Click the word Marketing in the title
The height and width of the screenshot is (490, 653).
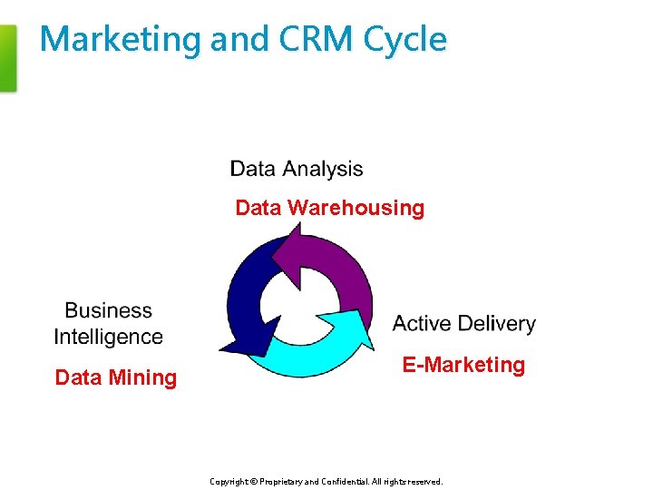pyautogui.click(x=121, y=40)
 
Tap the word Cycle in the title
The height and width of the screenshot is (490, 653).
pyautogui.click(x=404, y=40)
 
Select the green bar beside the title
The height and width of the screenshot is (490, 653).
pyautogui.click(x=7, y=58)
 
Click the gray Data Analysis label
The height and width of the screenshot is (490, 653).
pyautogui.click(x=296, y=169)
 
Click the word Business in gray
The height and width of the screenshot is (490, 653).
pyautogui.click(x=108, y=310)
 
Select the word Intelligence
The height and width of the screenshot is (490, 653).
pyautogui.click(x=108, y=337)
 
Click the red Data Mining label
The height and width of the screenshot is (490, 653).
pyautogui.click(x=115, y=377)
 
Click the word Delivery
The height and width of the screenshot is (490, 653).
pyautogui.click(x=498, y=324)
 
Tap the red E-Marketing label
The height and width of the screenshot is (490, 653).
pyautogui.click(x=463, y=365)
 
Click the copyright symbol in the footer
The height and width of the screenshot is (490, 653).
pyautogui.click(x=254, y=482)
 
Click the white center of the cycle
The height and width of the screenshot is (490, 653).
pyautogui.click(x=297, y=301)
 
